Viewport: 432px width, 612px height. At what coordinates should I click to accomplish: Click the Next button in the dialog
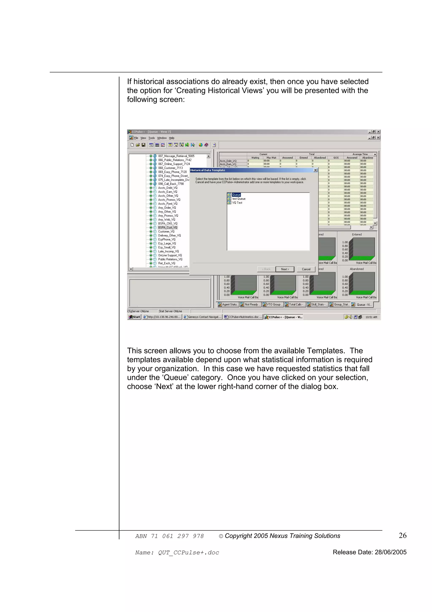pos(285,269)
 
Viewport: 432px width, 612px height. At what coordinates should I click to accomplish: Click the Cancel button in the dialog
pos(306,269)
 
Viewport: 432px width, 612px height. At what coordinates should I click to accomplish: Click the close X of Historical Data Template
pos(315,170)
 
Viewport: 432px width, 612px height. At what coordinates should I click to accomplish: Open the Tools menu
pos(151,138)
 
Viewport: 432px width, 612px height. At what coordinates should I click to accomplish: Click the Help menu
pos(171,138)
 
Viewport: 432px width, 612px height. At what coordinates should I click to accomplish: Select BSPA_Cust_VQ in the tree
pos(167,227)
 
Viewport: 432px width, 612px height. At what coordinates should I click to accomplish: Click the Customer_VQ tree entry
pos(166,231)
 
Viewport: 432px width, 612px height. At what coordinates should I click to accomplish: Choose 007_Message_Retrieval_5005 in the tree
pos(176,156)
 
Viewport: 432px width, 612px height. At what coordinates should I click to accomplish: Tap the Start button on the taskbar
pos(134,317)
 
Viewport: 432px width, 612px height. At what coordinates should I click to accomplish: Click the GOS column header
pos(336,158)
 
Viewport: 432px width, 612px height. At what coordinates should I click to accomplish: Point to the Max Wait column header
pos(271,158)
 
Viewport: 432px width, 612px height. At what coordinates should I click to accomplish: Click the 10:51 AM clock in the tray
pos(371,317)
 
